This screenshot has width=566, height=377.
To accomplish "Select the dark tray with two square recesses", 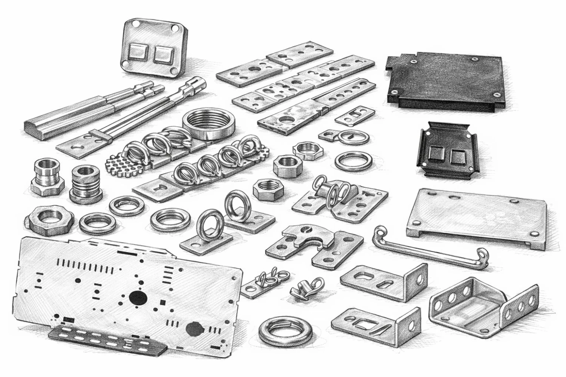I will [x=447, y=151].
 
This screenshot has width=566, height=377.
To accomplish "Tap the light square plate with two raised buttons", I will [x=153, y=51].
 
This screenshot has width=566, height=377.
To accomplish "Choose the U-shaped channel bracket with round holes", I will [x=483, y=305].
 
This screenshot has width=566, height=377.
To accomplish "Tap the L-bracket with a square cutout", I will [x=375, y=322].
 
